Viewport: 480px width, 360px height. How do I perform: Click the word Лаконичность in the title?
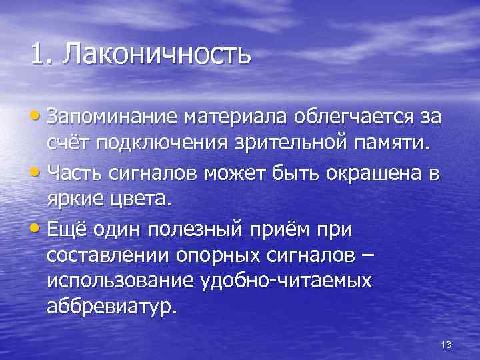click(x=157, y=54)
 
